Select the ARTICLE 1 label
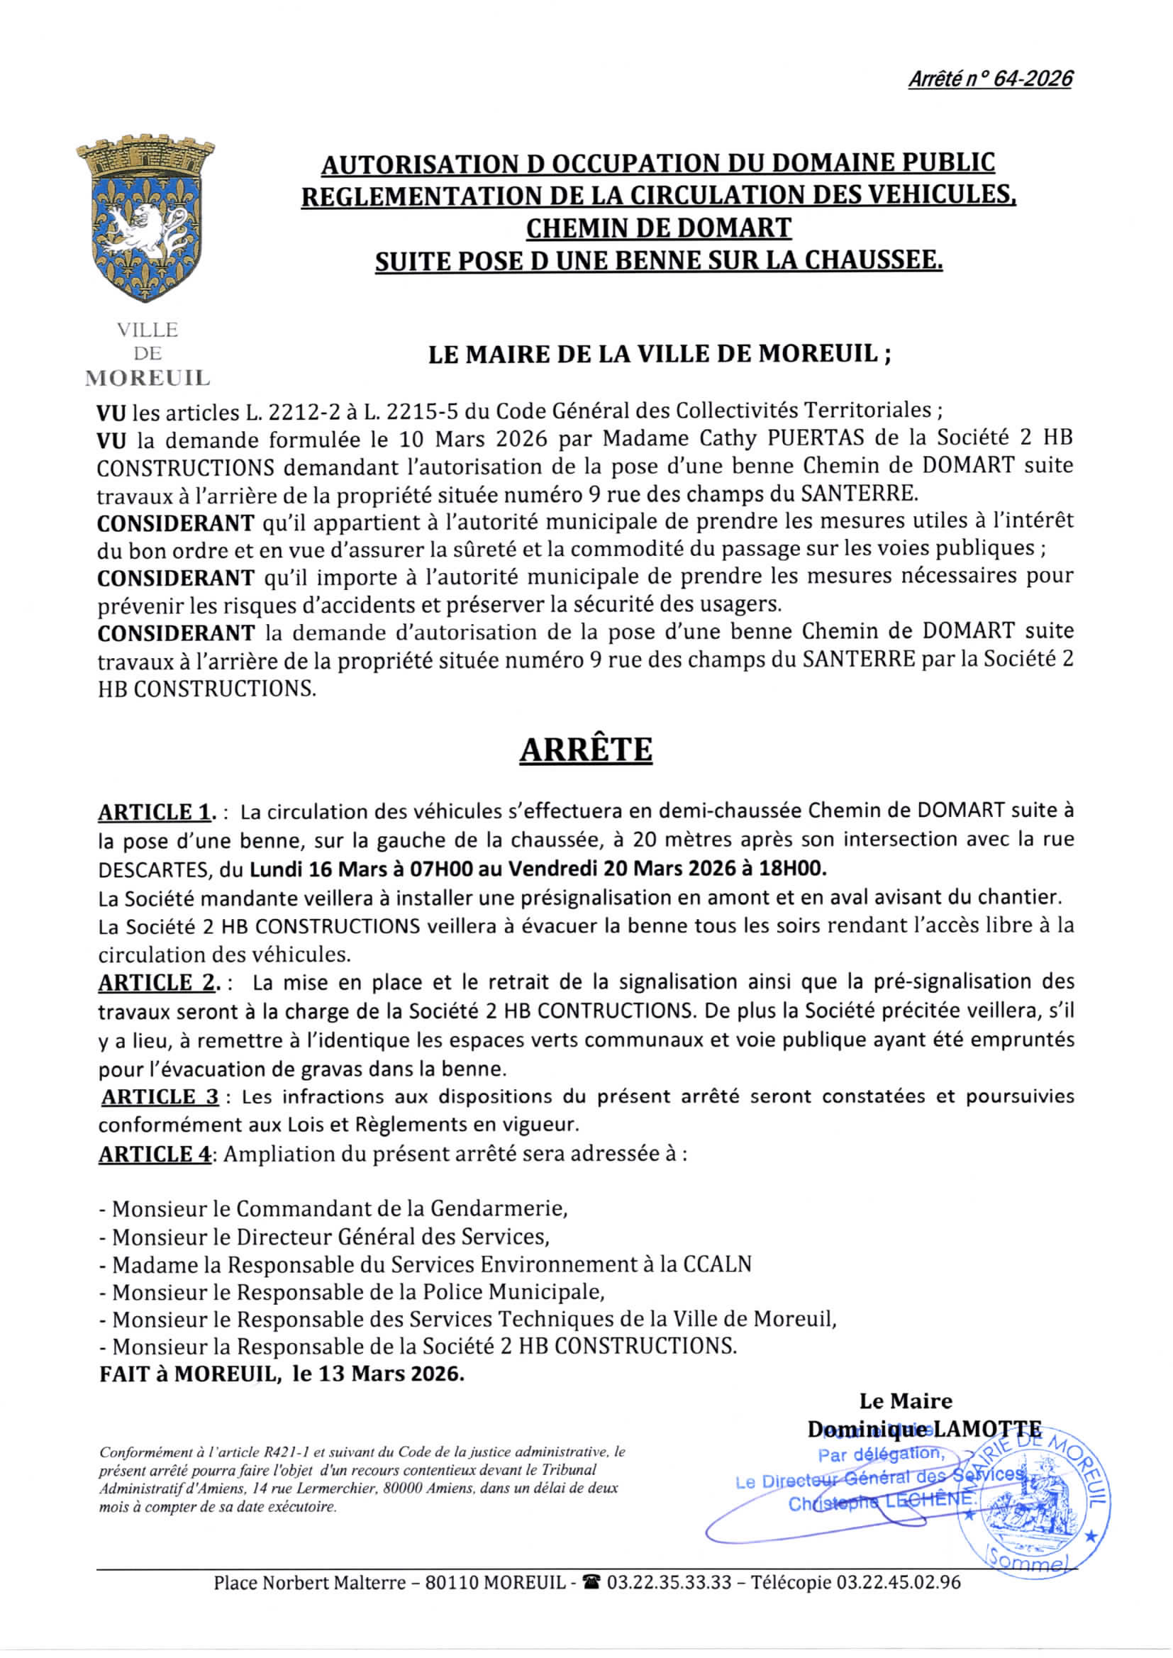(154, 813)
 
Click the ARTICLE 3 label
(160, 1097)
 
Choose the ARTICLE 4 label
(155, 1154)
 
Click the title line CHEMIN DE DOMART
(658, 228)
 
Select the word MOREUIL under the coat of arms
(148, 378)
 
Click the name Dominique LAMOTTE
(924, 1429)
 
